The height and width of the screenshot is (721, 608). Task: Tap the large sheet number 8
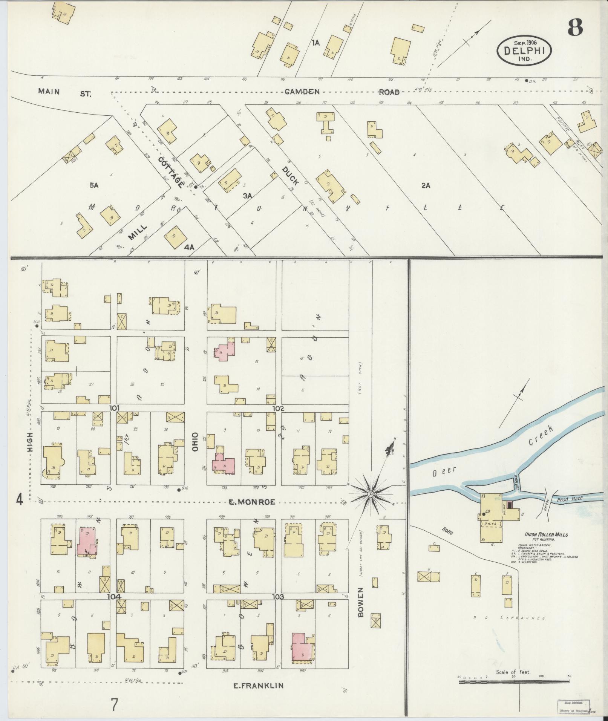[x=575, y=27]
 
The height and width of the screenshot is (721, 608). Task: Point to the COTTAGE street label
[x=170, y=173]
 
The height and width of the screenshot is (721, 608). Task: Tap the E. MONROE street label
[x=251, y=502]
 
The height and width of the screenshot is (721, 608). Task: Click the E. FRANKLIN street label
[x=258, y=686]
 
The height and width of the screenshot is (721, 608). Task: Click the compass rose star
[x=371, y=493]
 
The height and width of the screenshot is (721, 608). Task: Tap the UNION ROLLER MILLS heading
[x=546, y=534]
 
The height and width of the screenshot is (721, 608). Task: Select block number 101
[x=115, y=408]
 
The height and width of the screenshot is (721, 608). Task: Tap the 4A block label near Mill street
[x=189, y=247]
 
